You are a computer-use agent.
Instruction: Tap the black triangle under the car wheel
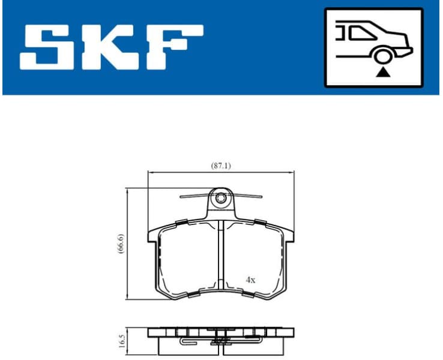click(x=382, y=73)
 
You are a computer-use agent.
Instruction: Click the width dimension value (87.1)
click(x=221, y=166)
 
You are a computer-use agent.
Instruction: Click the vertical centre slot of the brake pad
click(x=221, y=258)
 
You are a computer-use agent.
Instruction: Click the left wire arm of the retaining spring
click(x=193, y=196)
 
